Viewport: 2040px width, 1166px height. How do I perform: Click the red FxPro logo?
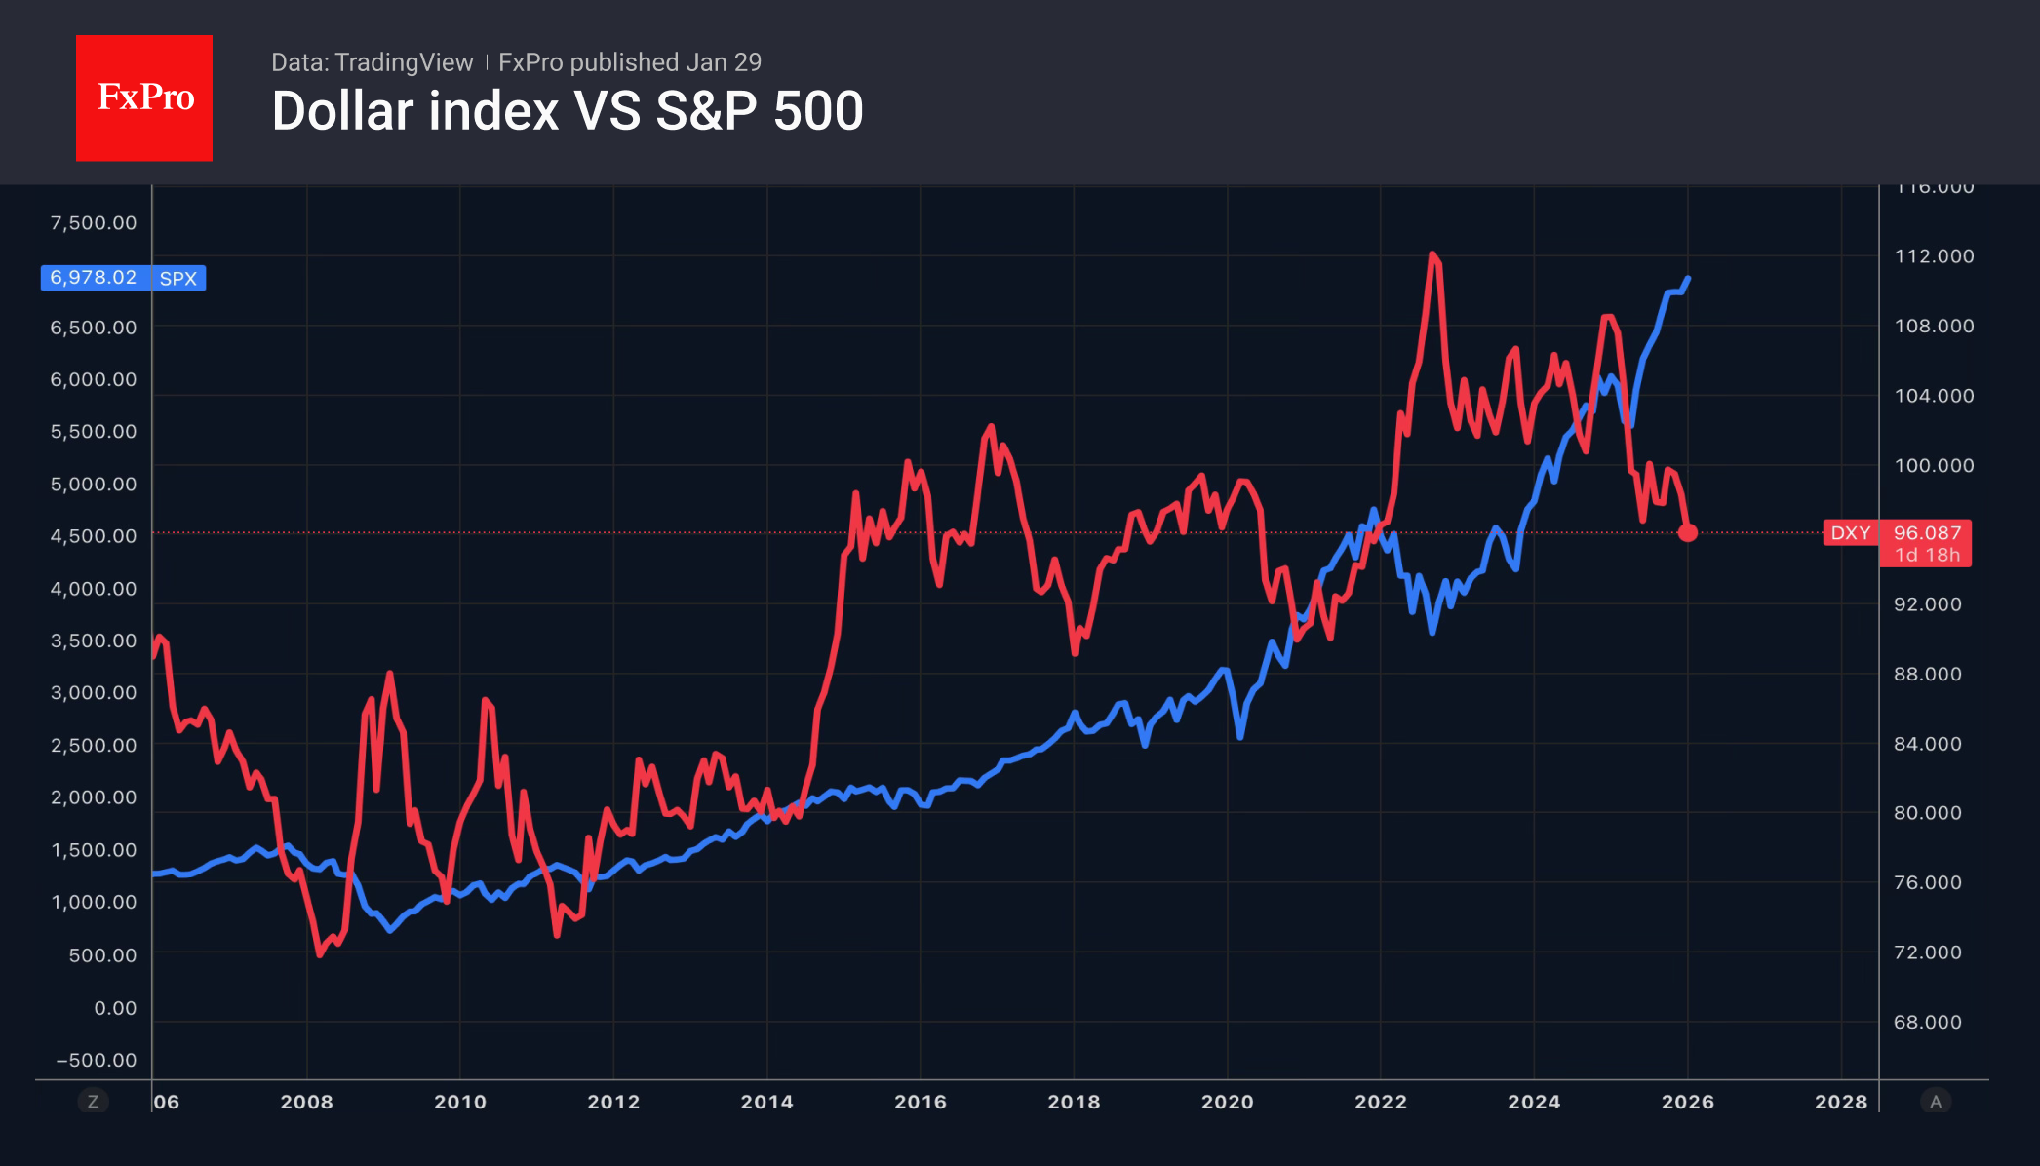point(144,97)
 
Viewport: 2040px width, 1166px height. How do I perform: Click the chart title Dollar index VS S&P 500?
point(568,111)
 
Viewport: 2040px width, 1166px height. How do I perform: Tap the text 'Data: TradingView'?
point(372,62)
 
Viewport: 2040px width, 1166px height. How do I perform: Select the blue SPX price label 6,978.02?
point(95,278)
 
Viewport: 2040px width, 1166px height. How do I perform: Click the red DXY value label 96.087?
point(1926,533)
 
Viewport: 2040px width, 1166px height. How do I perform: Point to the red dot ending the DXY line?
point(1688,532)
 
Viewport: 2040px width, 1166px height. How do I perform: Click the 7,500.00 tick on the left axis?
point(94,222)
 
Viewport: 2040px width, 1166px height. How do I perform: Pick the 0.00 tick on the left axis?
point(115,1008)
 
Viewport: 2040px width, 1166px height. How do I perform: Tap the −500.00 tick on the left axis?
point(97,1060)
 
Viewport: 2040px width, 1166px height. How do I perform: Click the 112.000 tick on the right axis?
point(1934,256)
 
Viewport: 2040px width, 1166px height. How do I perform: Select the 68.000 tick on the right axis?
point(1927,1022)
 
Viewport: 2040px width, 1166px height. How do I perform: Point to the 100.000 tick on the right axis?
point(1934,465)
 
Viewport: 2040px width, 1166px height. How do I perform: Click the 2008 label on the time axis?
point(306,1102)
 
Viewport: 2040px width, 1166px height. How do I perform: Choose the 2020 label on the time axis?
point(1227,1102)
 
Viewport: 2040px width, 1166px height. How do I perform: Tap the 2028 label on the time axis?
point(1840,1102)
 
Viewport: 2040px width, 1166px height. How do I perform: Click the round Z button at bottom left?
point(94,1102)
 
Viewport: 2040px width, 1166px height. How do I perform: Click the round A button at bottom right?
point(1936,1102)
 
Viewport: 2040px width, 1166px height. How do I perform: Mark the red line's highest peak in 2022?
point(1432,254)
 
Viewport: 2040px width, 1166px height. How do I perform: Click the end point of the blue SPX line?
point(1688,279)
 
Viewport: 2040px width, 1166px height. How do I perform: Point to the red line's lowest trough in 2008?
point(320,953)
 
